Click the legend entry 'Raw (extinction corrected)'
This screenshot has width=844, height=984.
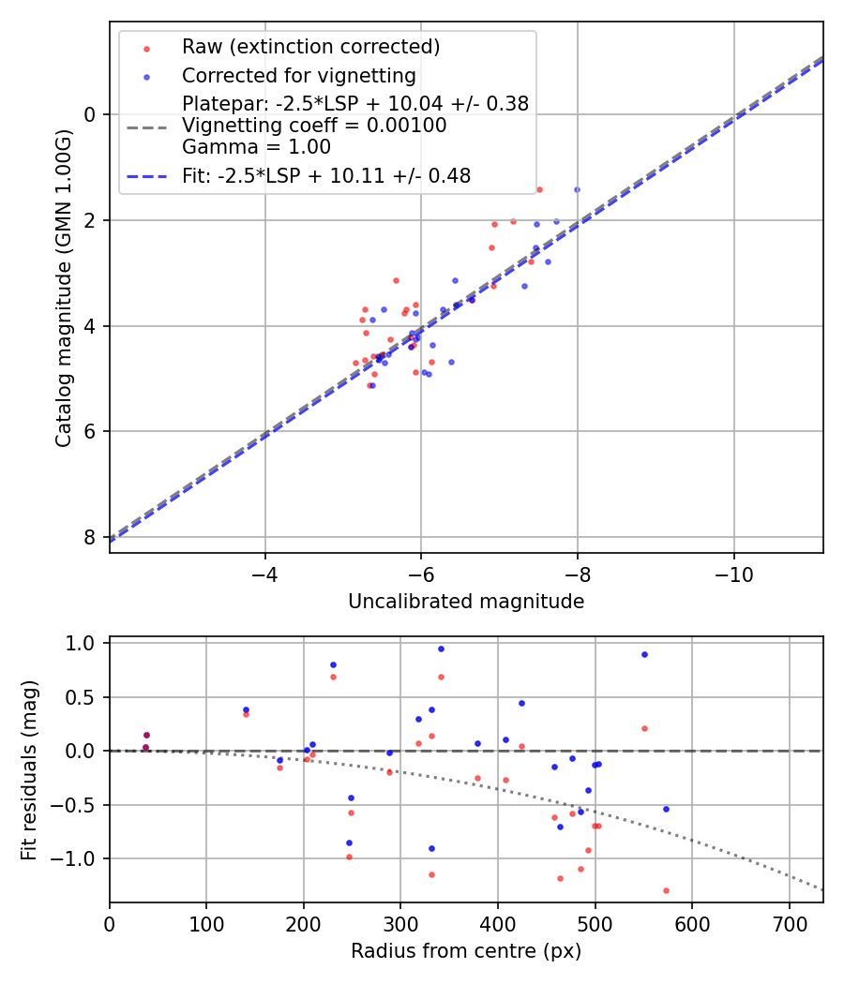(310, 47)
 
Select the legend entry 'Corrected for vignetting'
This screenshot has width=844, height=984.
(298, 75)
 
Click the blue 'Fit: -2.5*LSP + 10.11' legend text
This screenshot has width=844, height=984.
(326, 175)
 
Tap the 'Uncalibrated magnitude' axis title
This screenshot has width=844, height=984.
(466, 602)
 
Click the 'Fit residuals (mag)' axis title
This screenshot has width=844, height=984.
(29, 769)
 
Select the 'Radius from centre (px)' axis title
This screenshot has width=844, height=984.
(466, 951)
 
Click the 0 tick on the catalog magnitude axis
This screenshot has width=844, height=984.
(91, 114)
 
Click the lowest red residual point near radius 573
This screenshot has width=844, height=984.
(666, 890)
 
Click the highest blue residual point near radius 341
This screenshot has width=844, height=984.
(441, 649)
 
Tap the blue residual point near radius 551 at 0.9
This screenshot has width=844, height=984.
(644, 654)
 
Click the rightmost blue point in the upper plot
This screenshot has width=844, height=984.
(577, 189)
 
